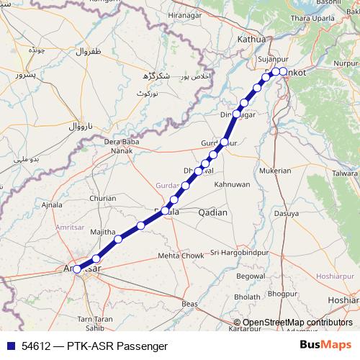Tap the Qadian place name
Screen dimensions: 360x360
tap(212, 212)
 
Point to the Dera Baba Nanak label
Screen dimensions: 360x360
tap(120, 146)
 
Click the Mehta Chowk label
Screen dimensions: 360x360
tap(181, 256)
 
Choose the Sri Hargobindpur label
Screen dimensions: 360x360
tap(239, 253)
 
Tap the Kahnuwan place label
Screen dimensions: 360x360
tap(231, 184)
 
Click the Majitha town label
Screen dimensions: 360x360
tap(103, 231)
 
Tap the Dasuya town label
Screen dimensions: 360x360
tap(286, 213)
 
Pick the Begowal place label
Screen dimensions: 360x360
tap(251, 276)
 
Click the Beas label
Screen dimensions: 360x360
tap(190, 305)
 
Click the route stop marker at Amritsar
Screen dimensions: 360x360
tap(77, 270)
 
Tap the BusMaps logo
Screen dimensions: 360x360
tap(325, 345)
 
